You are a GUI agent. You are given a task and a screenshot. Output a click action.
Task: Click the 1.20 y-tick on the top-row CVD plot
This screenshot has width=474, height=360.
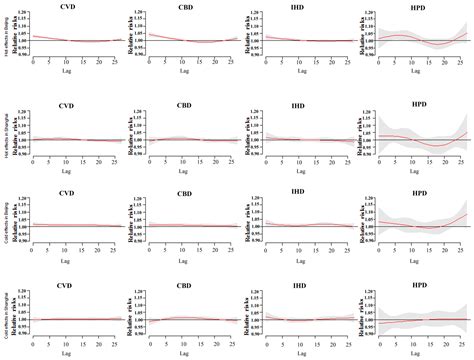[x=24, y=13]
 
